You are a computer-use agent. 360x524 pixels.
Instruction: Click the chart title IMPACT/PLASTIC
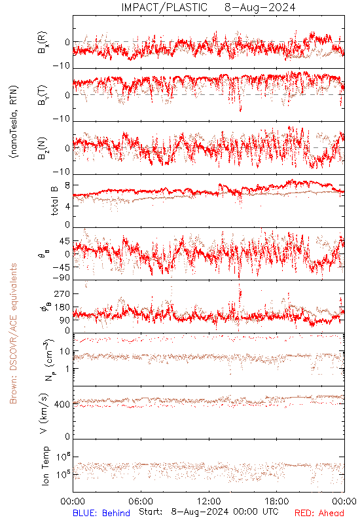(164, 7)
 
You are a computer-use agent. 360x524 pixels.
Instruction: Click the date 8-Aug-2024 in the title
(260, 7)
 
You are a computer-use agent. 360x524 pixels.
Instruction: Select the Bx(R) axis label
(43, 43)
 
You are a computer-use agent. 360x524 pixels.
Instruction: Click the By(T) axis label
(43, 95)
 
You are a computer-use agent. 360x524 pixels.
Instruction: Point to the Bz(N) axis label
(43, 148)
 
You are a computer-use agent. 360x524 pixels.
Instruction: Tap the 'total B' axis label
(54, 201)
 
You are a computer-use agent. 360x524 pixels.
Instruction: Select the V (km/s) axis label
(44, 413)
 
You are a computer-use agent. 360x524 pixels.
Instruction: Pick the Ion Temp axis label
(45, 466)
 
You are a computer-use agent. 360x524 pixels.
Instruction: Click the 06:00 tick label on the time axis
(141, 501)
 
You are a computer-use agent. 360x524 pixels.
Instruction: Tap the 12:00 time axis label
(209, 501)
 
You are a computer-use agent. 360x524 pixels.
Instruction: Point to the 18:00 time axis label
(277, 501)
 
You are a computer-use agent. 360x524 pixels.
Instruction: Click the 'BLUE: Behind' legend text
(101, 513)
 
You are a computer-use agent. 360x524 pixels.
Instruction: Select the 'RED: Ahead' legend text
(319, 513)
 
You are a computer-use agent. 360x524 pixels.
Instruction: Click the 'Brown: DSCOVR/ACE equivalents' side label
(13, 333)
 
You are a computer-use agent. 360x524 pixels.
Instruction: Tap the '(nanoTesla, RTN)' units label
(14, 122)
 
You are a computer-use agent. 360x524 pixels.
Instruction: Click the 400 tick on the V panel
(62, 404)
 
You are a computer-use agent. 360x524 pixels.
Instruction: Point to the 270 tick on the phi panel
(62, 293)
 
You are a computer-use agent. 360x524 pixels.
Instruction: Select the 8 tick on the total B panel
(68, 185)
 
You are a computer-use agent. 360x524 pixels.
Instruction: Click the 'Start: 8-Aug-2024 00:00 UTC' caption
(208, 512)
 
